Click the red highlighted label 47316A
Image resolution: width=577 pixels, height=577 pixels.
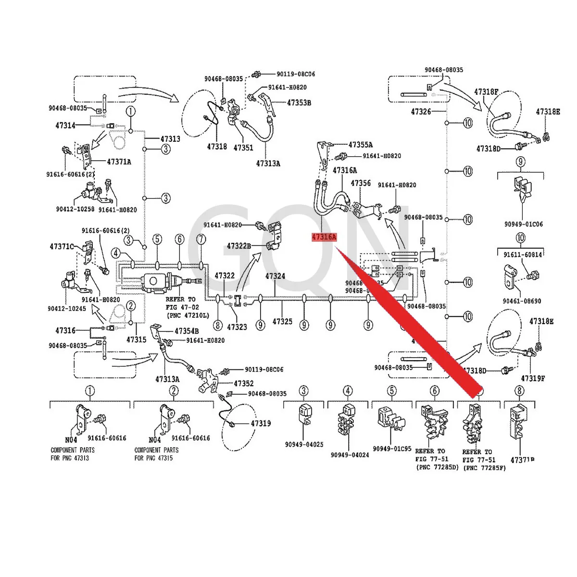tap(325, 237)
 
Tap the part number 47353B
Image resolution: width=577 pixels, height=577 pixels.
tap(299, 102)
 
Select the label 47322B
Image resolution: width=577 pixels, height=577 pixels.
tap(239, 246)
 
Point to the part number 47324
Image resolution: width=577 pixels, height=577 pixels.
tap(275, 276)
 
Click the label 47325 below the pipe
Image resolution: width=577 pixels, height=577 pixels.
tap(282, 321)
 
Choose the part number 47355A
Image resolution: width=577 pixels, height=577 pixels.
tap(361, 144)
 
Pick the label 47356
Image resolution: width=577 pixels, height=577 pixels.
tap(361, 183)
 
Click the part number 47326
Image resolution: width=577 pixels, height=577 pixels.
tap(421, 112)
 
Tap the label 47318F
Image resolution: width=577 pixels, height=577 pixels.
tap(486, 92)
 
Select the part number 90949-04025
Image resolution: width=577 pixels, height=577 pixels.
tap(304, 444)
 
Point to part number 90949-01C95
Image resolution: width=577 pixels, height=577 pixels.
tap(392, 449)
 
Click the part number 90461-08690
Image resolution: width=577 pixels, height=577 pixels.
tap(522, 301)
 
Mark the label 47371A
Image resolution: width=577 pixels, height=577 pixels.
tap(119, 162)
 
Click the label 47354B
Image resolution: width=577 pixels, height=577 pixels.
tap(187, 331)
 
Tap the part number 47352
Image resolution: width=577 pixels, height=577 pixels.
tap(244, 383)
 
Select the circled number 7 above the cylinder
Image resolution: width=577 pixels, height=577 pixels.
tap(201, 239)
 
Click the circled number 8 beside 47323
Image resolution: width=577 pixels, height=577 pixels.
tap(218, 326)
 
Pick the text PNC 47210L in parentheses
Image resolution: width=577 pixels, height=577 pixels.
tap(188, 315)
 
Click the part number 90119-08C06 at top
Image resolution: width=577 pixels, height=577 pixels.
tap(296, 74)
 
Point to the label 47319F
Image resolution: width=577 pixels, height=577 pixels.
tap(533, 378)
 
